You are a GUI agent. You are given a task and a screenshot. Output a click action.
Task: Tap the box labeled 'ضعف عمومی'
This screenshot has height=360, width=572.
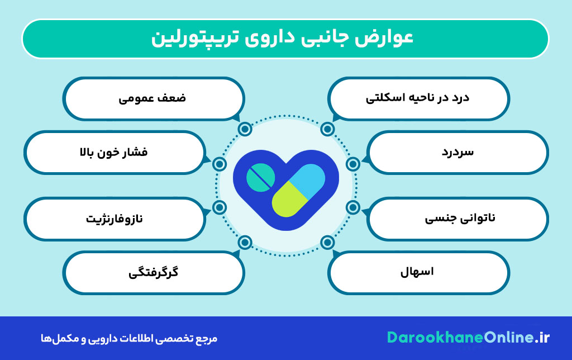(153, 98)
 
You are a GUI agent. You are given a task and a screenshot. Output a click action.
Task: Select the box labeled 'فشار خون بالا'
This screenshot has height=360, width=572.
(114, 151)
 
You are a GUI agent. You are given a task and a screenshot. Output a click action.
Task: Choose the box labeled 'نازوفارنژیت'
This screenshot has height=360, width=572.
(114, 218)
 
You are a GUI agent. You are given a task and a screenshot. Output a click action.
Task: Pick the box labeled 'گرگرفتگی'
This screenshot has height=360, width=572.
(153, 273)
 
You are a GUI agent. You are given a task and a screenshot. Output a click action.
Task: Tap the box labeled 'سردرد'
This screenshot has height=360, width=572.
(458, 151)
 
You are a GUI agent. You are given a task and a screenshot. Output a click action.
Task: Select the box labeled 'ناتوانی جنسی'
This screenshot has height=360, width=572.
(458, 218)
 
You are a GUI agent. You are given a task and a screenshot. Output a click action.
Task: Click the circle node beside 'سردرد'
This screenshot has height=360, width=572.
(352, 164)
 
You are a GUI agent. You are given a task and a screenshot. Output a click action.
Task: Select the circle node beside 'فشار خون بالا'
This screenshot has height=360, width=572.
(220, 164)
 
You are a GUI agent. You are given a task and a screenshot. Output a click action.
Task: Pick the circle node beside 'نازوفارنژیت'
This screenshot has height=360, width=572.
(220, 207)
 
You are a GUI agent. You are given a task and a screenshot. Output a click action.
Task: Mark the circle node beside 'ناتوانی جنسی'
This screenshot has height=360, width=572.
(352, 207)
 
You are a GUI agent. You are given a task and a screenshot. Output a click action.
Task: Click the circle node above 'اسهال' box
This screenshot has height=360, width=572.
(327, 242)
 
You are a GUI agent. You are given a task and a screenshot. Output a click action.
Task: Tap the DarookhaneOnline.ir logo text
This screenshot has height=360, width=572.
(468, 338)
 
